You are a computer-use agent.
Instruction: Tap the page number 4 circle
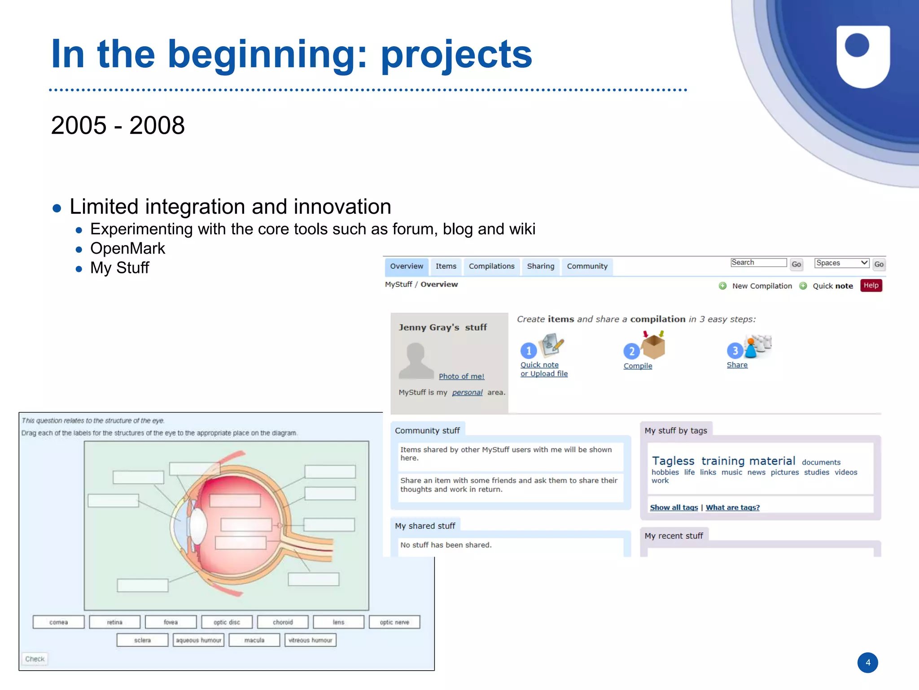[x=867, y=663]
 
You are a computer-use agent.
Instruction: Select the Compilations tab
[x=491, y=266]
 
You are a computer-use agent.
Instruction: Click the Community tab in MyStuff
[x=587, y=266]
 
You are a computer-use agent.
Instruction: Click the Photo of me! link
[x=461, y=376]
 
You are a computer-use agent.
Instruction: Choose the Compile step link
[x=638, y=366]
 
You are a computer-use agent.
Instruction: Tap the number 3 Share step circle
[x=735, y=350]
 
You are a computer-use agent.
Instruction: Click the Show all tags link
[x=674, y=507]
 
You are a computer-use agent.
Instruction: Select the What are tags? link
[x=732, y=507]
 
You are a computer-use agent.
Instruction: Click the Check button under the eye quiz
[x=35, y=659]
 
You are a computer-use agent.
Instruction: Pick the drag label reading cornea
[x=58, y=622]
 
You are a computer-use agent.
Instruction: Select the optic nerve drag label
[x=394, y=622]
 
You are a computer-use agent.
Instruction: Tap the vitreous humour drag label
[x=310, y=640]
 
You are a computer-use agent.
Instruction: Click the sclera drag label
[x=142, y=640]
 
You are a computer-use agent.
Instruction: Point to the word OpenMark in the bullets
[x=127, y=248]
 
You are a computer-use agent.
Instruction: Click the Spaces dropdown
[x=841, y=263]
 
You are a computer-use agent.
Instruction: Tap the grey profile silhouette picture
[x=416, y=360]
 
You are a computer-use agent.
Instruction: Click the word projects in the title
[x=456, y=54]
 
